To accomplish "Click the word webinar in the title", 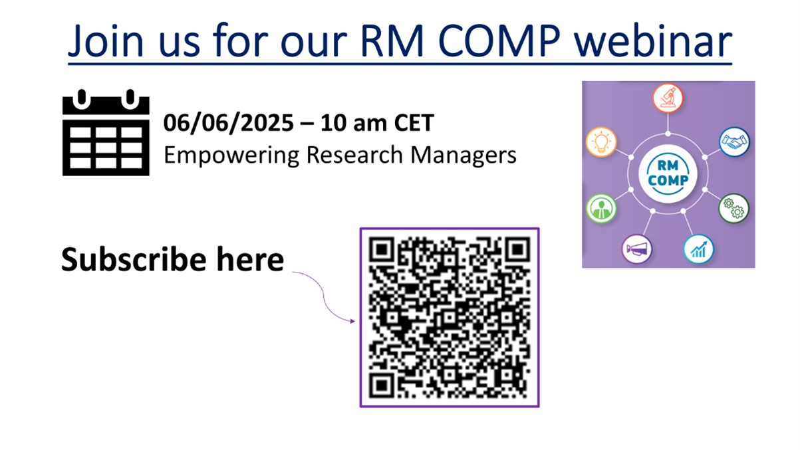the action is (653, 41).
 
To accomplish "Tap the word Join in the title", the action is (106, 41).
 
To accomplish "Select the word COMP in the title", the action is (499, 41).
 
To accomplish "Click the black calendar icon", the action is (106, 132).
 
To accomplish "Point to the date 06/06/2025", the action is (229, 123).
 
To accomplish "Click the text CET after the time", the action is (414, 123).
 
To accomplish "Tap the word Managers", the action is (464, 156).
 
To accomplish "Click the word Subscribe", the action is (134, 259).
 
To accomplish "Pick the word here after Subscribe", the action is (250, 259).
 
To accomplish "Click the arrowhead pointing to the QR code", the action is (352, 321).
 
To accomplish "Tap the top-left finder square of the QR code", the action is (382, 249).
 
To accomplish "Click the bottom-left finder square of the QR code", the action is (382, 386).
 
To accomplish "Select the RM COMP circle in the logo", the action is (668, 173).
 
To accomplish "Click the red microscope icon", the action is (668, 98).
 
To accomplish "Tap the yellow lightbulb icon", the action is (601, 142).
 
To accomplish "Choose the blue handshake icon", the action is (734, 142).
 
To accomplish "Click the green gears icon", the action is (734, 209).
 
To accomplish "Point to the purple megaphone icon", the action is (637, 249).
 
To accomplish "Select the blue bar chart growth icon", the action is (698, 249).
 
